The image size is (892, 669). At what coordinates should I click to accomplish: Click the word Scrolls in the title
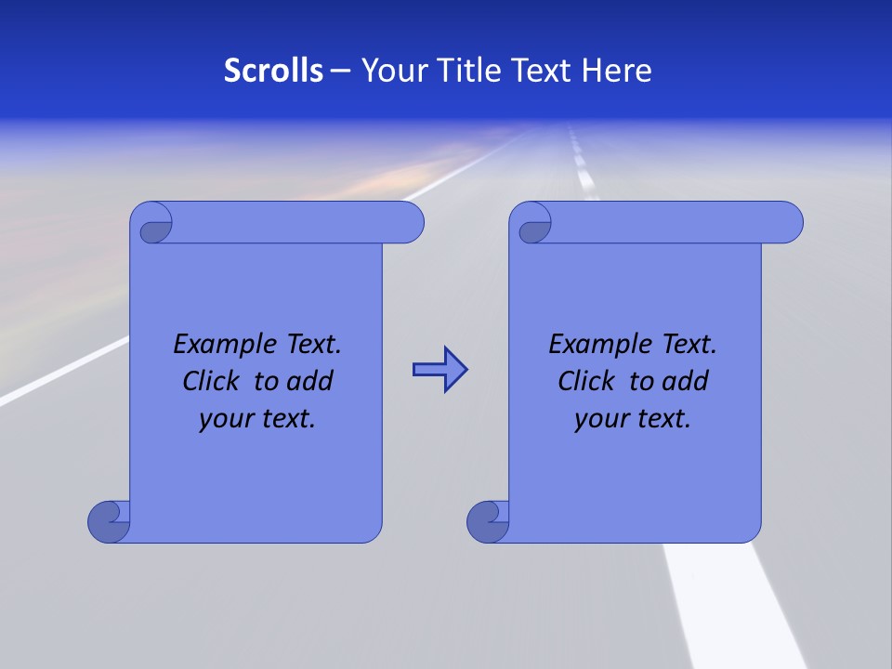[274, 71]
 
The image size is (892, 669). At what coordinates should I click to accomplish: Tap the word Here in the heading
[617, 71]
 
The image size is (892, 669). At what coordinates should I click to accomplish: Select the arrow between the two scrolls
[439, 370]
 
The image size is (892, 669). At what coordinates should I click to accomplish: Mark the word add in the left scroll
[311, 381]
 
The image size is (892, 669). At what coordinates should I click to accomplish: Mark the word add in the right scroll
[687, 381]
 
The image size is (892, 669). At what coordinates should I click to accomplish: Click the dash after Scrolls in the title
[340, 71]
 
